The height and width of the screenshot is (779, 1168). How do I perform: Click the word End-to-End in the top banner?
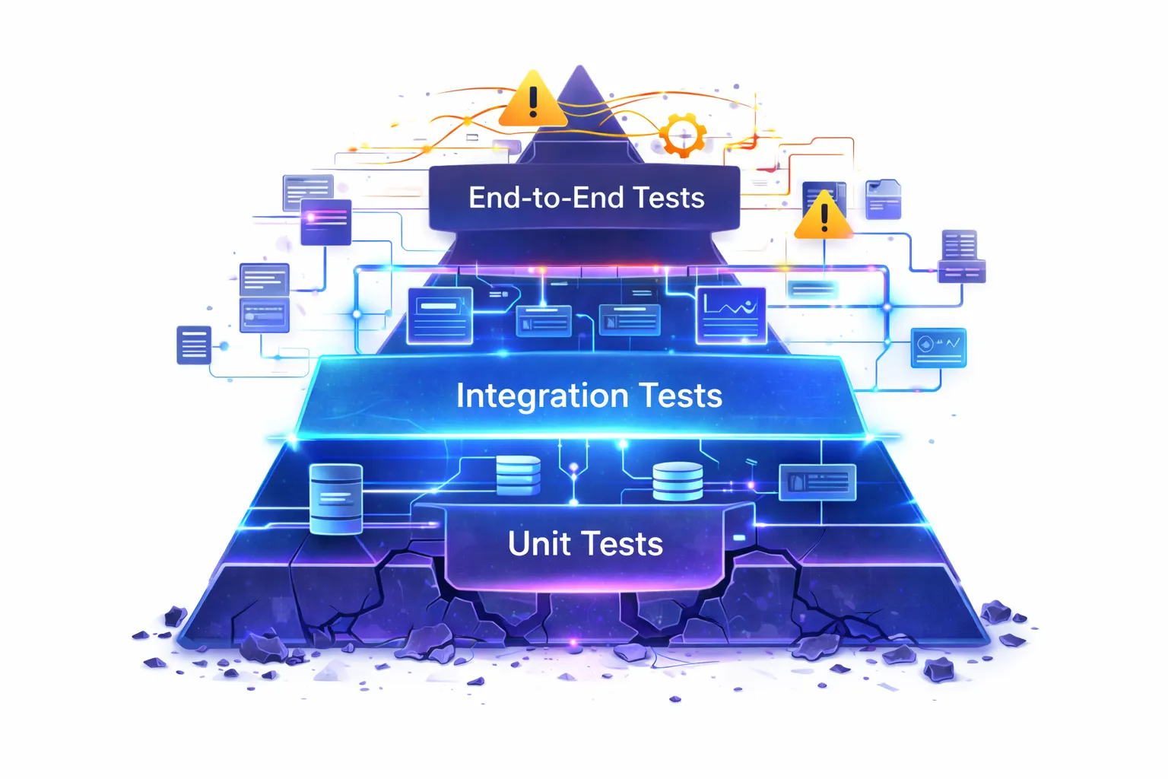pyautogui.click(x=547, y=198)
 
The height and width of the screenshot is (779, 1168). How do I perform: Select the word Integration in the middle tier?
pyautogui.click(x=541, y=396)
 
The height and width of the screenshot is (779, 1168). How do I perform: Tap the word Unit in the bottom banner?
pyautogui.click(x=538, y=544)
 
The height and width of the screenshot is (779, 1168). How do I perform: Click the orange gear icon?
pyautogui.click(x=682, y=135)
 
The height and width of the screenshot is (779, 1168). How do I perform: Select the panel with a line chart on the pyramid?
pyautogui.click(x=731, y=314)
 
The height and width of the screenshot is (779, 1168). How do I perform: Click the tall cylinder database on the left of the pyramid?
pyautogui.click(x=336, y=498)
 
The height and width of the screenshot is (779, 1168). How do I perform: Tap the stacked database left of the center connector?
pyautogui.click(x=519, y=475)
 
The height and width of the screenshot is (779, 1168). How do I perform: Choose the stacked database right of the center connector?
pyautogui.click(x=678, y=482)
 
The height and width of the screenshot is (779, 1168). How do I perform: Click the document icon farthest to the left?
pyautogui.click(x=194, y=345)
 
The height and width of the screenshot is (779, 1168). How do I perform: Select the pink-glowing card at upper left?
pyautogui.click(x=325, y=221)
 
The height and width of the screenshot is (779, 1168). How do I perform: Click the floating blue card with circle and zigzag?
pyautogui.click(x=938, y=348)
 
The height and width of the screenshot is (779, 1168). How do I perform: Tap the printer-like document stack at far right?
pyautogui.click(x=960, y=256)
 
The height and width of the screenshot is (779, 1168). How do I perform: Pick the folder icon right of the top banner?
pyautogui.click(x=883, y=199)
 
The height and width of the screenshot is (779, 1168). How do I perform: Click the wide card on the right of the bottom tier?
pyautogui.click(x=817, y=482)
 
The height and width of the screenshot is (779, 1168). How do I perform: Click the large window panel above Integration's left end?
pyautogui.click(x=440, y=315)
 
